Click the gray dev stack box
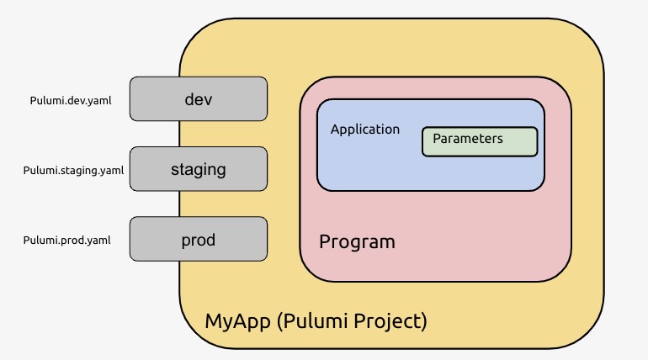(x=199, y=99)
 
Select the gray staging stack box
(x=199, y=169)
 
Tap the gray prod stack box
(x=199, y=240)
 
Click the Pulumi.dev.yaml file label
(x=71, y=101)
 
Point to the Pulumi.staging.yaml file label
(x=73, y=171)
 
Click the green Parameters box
(x=479, y=141)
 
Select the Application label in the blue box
(x=364, y=130)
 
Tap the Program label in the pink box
(x=357, y=242)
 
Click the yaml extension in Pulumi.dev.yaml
(x=99, y=101)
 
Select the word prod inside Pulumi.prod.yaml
(x=74, y=241)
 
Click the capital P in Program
(x=325, y=242)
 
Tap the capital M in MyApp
(x=213, y=320)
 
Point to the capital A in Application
(x=335, y=130)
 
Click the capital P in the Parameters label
(x=437, y=139)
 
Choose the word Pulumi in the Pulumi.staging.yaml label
(x=39, y=171)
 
